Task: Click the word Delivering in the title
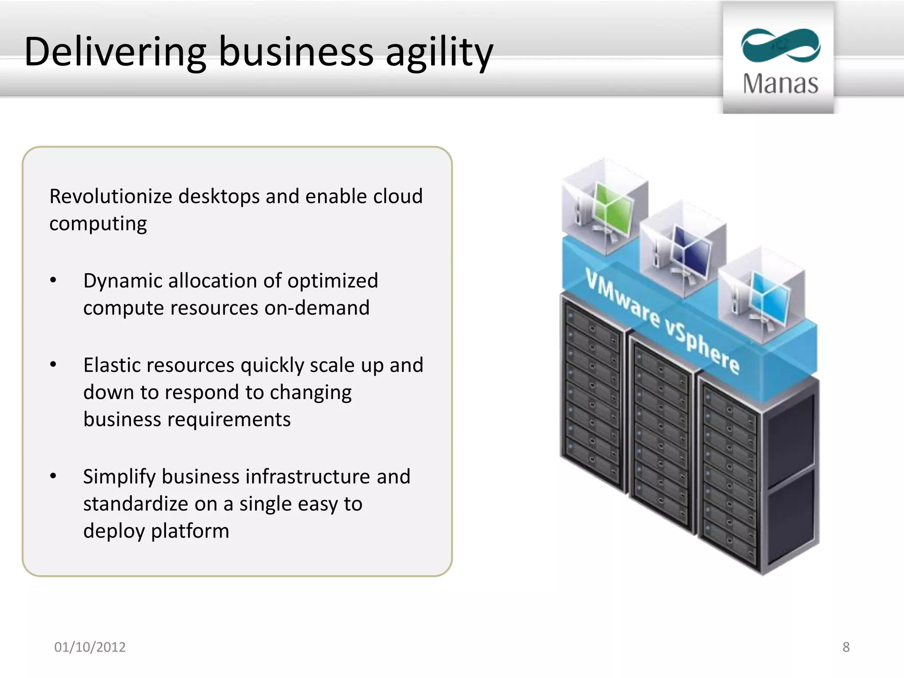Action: point(115,52)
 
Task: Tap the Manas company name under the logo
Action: point(780,83)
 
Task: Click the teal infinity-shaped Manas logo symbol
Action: point(780,45)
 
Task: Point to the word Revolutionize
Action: point(110,196)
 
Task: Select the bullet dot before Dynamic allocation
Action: point(53,281)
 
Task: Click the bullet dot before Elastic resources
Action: point(53,365)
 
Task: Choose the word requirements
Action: point(230,419)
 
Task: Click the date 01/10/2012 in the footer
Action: point(90,647)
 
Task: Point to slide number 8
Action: point(846,647)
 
